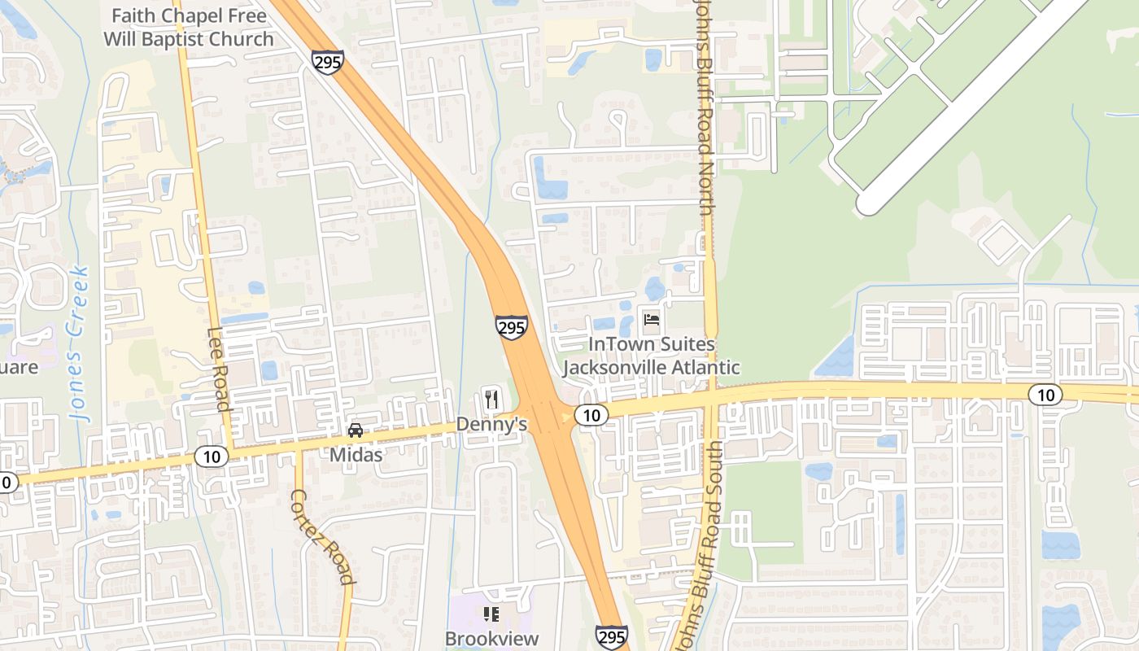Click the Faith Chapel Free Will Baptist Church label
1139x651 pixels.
(x=189, y=27)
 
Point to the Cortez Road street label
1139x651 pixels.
(x=323, y=536)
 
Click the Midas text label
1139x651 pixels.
(x=356, y=454)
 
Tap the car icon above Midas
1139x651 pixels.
(x=355, y=430)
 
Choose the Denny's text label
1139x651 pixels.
(x=491, y=424)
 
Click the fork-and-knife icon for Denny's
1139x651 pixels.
(x=491, y=400)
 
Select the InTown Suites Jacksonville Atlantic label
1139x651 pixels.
(x=651, y=356)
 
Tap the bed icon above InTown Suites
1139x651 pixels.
(x=651, y=319)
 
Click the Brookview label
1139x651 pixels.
(x=491, y=638)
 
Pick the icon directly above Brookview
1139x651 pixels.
(x=491, y=614)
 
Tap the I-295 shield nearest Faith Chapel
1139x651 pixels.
(x=327, y=62)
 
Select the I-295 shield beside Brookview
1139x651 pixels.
(x=611, y=636)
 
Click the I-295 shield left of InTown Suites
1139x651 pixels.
(x=512, y=327)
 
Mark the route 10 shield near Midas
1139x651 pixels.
(x=211, y=457)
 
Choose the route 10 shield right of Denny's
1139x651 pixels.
(x=591, y=415)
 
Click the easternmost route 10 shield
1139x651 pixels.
(x=1045, y=395)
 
